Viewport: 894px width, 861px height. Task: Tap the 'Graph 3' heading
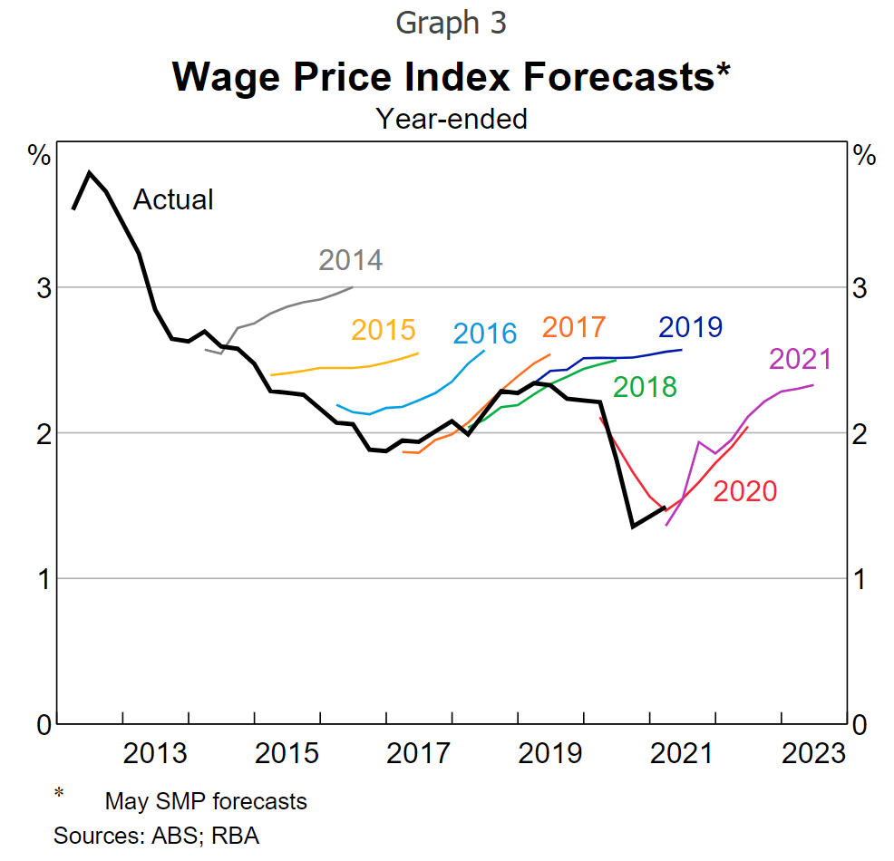[451, 23]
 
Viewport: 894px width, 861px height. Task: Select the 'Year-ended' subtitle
[452, 118]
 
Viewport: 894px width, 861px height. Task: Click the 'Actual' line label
[173, 199]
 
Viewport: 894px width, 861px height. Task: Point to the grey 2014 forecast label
[351, 260]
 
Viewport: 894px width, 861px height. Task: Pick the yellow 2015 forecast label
[383, 330]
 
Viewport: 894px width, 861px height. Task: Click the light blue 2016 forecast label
[484, 334]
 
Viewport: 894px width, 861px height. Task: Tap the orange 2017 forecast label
[573, 326]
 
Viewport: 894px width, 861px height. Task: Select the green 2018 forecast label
[645, 387]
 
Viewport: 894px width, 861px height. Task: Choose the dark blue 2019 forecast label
[690, 326]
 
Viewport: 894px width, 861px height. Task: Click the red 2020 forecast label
[745, 491]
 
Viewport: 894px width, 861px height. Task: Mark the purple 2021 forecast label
[800, 359]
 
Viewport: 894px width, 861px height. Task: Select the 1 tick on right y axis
[861, 579]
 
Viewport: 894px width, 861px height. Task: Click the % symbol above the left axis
[40, 156]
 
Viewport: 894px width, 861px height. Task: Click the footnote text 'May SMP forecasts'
[206, 801]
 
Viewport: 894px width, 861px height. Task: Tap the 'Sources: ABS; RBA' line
[157, 835]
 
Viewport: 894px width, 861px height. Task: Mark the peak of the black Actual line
[89, 172]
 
